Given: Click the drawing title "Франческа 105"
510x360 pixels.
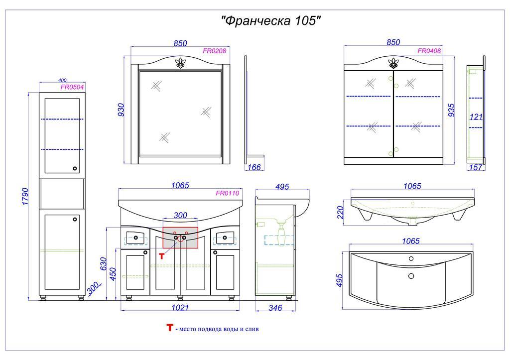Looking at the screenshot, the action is click(x=271, y=21).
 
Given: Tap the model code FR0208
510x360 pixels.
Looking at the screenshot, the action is click(x=214, y=51).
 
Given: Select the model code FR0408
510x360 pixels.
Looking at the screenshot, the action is click(x=429, y=51).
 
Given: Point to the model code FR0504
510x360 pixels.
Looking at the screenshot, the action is click(x=72, y=87).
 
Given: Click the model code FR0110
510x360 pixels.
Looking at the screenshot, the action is click(x=227, y=193).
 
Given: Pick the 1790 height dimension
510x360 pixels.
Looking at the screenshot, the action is click(x=25, y=196).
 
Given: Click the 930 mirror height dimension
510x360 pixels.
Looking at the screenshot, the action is click(x=121, y=110).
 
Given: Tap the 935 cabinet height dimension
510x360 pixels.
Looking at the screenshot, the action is click(x=451, y=110).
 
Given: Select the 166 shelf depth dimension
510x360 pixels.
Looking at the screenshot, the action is click(x=254, y=167).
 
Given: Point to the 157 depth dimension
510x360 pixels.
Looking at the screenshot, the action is click(x=476, y=167).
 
